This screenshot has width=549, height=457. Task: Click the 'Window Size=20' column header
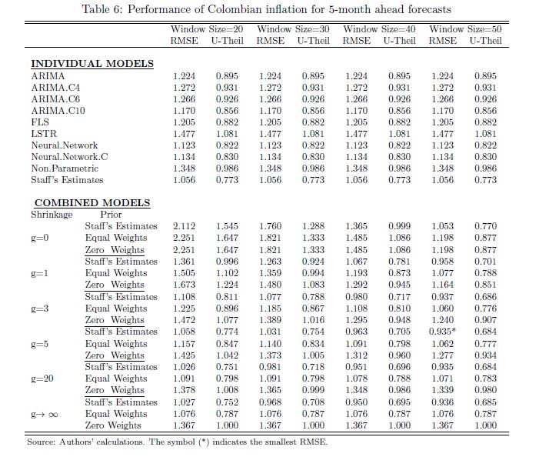pos(206,28)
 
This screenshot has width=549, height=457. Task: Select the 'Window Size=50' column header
pos(464,28)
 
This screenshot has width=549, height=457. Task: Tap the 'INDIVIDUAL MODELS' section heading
pos(92,63)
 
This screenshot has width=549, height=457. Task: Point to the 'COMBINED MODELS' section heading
pos(91,203)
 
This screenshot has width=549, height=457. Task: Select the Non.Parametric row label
pos(65,168)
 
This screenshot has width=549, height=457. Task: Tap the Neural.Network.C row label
pos(69,157)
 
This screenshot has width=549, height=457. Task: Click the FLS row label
pos(40,122)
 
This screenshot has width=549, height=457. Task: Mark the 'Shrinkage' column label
pos(52,215)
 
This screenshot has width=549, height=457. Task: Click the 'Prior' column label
pos(111,215)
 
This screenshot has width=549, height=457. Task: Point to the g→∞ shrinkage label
pos(45,414)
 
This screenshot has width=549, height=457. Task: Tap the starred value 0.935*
pos(445,332)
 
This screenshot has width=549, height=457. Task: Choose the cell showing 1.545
pos(227,226)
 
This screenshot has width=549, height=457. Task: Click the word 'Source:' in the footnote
pos(42,442)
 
